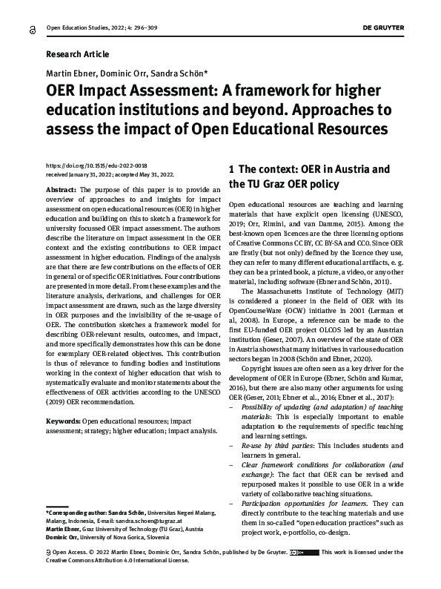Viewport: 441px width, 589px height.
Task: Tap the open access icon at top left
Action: [31, 28]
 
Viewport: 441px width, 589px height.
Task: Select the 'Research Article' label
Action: [77, 54]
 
